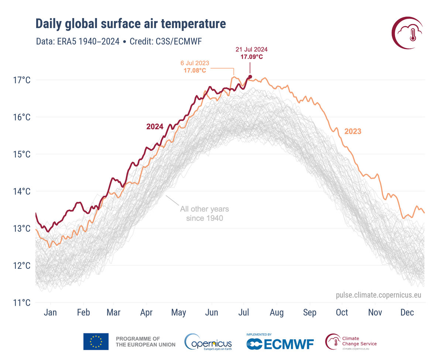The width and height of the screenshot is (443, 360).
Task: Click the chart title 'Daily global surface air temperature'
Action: coord(130,24)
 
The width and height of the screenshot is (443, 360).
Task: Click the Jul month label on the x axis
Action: coord(244,313)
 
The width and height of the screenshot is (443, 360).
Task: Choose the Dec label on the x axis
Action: coord(407,313)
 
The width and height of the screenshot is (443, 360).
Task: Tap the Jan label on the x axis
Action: coord(50,313)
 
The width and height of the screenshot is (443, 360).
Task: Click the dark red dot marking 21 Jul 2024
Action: coord(250,77)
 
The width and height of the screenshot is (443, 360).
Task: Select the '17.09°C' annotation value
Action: coord(251,57)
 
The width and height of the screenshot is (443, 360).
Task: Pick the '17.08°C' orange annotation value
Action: coord(195,70)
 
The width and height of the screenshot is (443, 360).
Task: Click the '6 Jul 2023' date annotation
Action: coord(195,63)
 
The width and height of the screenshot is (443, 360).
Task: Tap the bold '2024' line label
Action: coord(155,127)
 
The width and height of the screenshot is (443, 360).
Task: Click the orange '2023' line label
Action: coord(353,131)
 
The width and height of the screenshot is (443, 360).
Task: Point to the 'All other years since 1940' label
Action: coord(204,214)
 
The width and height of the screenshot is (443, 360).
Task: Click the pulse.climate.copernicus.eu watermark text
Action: coord(378,295)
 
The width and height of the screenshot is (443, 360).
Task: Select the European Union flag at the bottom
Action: coord(96,342)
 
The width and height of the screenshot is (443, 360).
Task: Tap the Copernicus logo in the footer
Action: coord(209,342)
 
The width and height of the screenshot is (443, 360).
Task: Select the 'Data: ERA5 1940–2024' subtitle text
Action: coord(78,41)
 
